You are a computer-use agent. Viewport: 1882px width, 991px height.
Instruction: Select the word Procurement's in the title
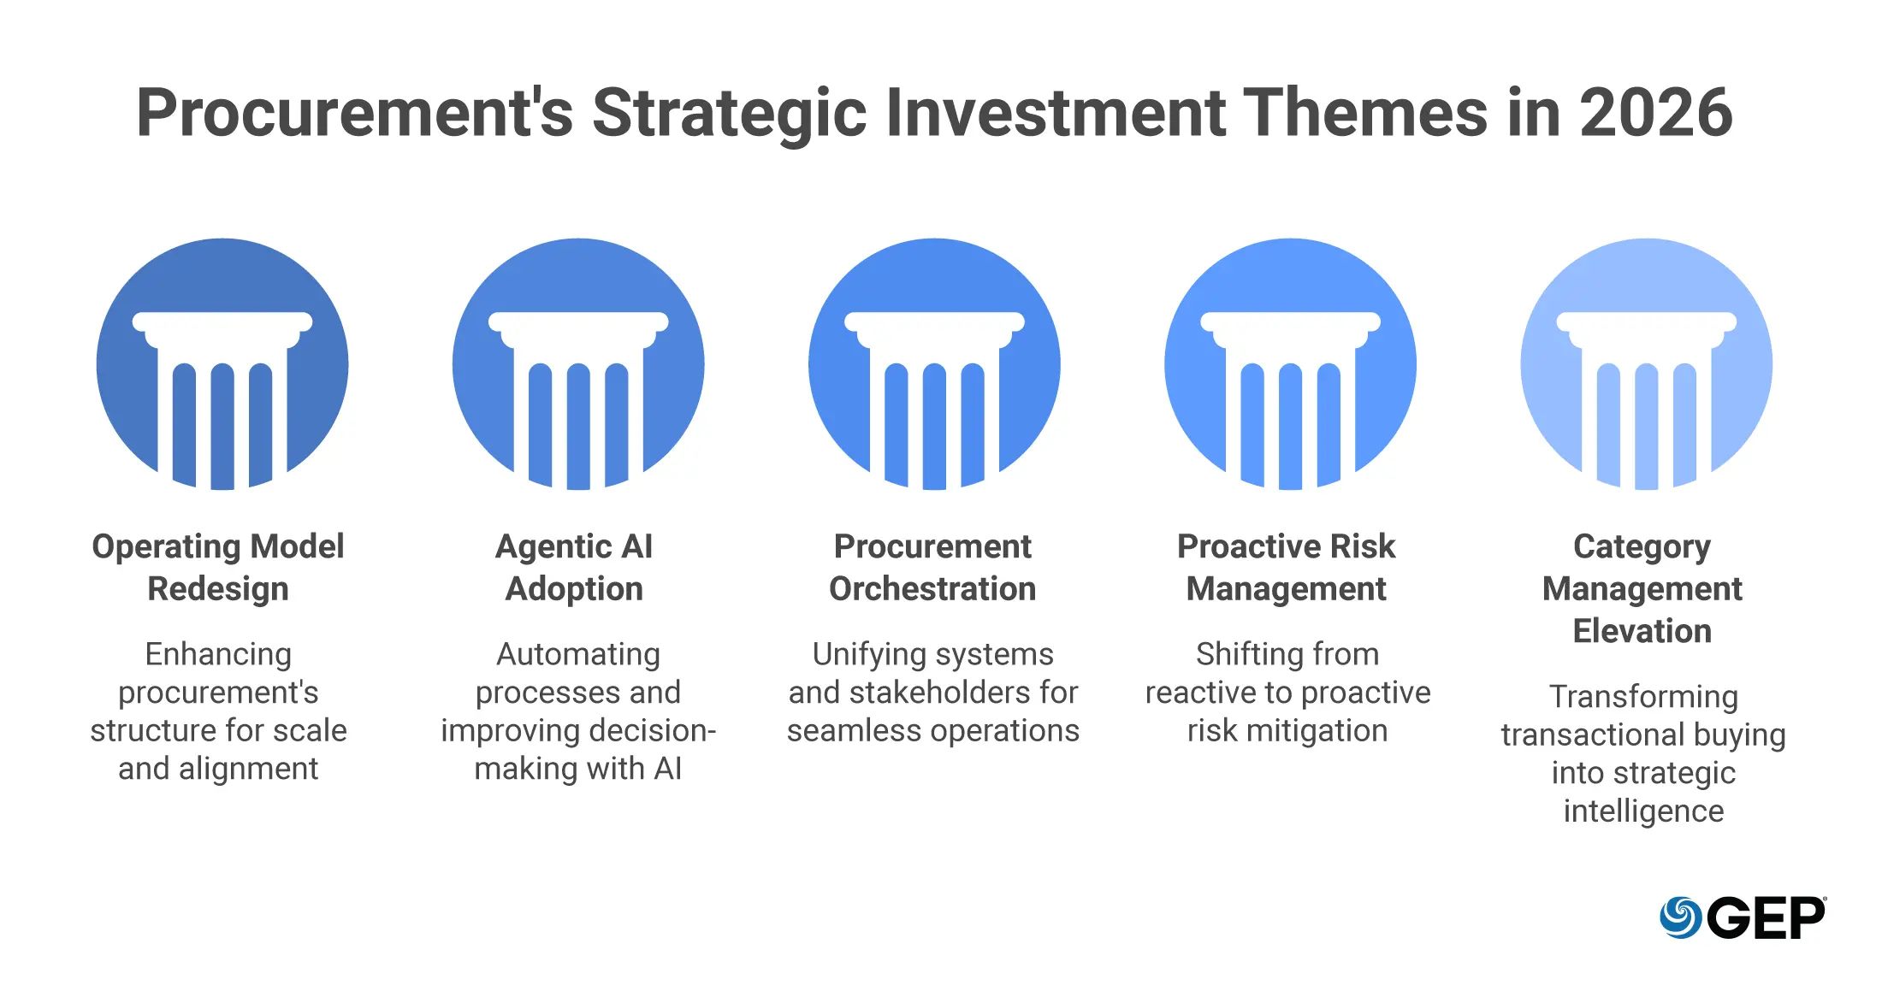click(x=355, y=113)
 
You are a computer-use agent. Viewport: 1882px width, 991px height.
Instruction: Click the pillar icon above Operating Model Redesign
click(x=222, y=364)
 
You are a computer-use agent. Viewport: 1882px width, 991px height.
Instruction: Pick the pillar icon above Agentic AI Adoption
click(x=578, y=364)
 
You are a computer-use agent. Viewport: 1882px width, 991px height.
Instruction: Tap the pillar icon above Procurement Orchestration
click(x=934, y=364)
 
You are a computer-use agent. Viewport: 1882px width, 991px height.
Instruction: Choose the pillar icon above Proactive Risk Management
click(x=1290, y=364)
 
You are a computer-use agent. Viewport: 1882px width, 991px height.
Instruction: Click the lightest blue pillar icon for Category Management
click(x=1646, y=364)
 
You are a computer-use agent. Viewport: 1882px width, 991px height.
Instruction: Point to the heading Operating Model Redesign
click(x=218, y=568)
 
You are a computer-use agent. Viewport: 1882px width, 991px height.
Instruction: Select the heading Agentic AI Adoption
click(x=574, y=568)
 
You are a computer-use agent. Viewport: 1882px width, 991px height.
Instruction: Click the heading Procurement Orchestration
click(x=932, y=568)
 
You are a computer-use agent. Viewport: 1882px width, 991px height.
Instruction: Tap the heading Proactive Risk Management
click(x=1287, y=568)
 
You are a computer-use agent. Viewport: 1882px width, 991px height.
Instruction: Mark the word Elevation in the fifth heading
click(x=1642, y=631)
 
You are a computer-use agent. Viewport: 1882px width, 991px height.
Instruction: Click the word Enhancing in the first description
click(x=218, y=655)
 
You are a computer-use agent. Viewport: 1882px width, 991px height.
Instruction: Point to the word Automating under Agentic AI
click(x=578, y=655)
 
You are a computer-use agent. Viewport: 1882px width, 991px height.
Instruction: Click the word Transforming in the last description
click(x=1643, y=698)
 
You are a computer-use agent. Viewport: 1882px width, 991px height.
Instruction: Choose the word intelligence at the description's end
click(x=1643, y=811)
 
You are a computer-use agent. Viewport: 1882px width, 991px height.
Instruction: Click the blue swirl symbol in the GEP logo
click(x=1680, y=917)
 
